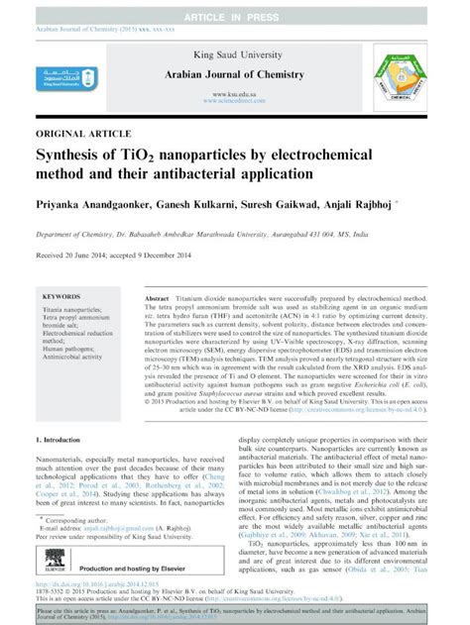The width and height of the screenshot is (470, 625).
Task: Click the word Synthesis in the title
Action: tap(70, 155)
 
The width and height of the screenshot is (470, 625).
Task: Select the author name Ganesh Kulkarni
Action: tap(215, 204)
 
